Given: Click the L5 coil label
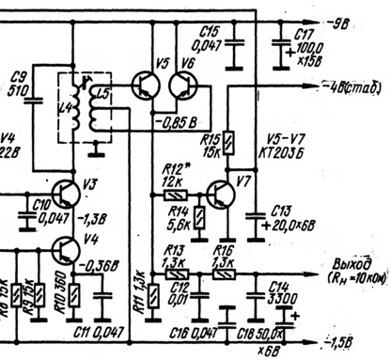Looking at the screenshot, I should (x=104, y=93).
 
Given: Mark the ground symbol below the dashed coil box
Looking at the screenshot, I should (x=93, y=149).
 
